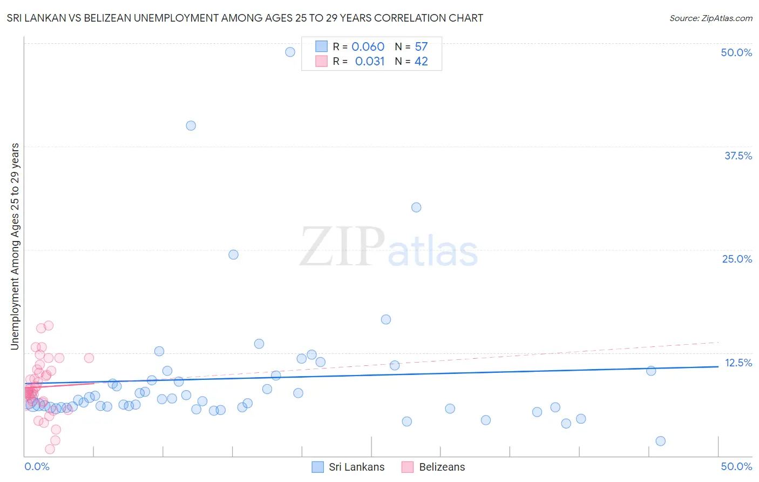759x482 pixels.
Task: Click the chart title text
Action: click(245, 18)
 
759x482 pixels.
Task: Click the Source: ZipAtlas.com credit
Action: click(710, 18)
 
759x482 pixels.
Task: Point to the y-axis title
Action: click(15, 246)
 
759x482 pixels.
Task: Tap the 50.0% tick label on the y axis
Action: click(736, 52)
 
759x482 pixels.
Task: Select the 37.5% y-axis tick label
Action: click(738, 156)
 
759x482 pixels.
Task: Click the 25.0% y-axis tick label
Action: click(737, 259)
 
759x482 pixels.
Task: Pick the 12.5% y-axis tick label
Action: click(738, 363)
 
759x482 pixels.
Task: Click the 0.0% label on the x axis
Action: click(37, 466)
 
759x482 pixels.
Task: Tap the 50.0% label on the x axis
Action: click(736, 466)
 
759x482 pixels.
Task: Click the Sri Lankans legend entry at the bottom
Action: click(348, 467)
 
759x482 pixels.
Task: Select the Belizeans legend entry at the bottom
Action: click(433, 467)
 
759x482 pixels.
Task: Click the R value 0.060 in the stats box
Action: click(368, 47)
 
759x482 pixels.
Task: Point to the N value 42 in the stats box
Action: click(421, 62)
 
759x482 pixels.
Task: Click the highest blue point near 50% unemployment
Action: click(290, 52)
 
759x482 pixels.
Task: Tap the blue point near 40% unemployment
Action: click(191, 125)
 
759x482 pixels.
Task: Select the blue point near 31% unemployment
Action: click(416, 207)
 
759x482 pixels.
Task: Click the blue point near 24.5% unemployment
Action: click(233, 255)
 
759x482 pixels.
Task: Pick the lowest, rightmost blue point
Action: click(660, 441)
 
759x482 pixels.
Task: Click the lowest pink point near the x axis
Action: click(50, 449)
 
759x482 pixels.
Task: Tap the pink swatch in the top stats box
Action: click(321, 62)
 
